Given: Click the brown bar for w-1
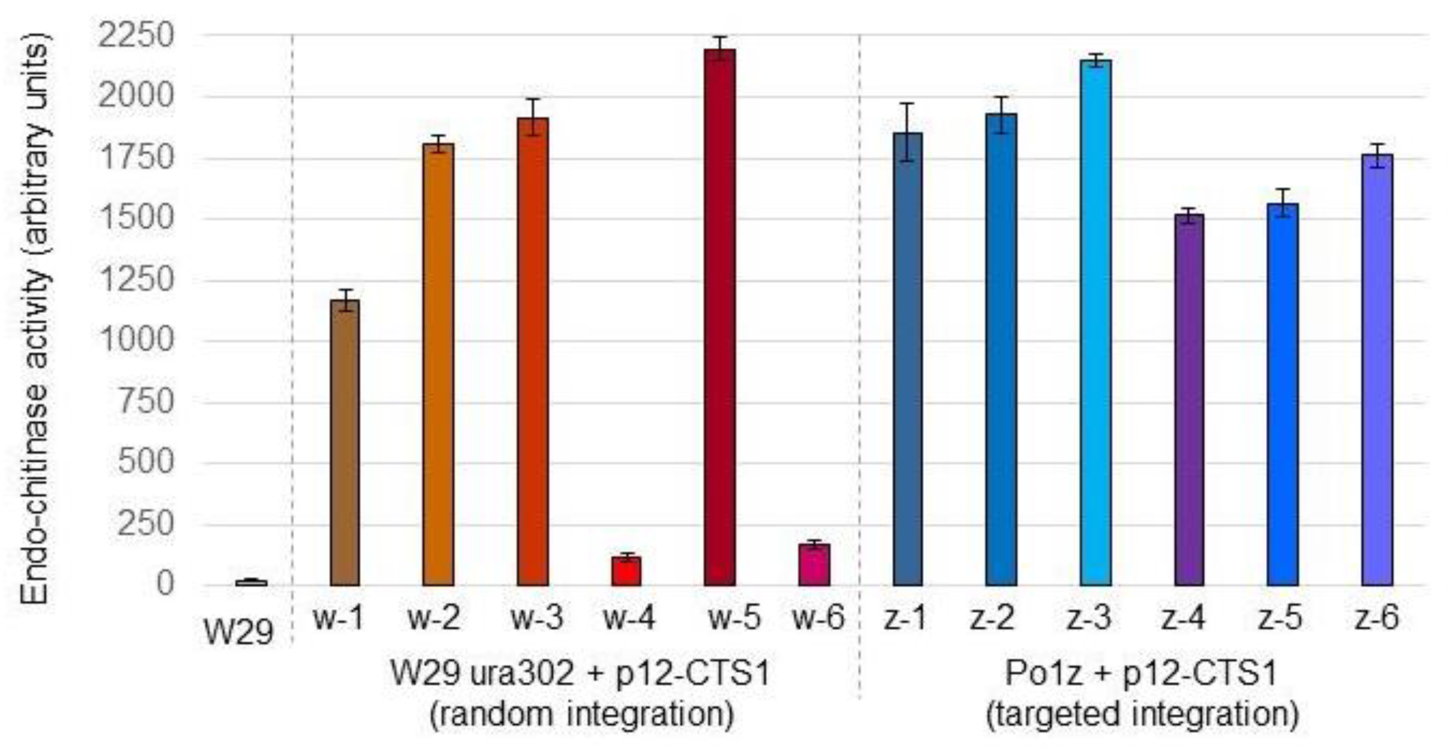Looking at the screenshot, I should click(345, 444).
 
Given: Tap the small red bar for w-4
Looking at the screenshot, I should click(627, 571).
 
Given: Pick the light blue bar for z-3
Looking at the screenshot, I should click(1096, 323).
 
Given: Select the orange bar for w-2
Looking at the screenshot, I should click(438, 366).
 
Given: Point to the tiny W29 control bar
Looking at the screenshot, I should click(252, 583).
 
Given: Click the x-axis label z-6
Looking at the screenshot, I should click(1376, 618).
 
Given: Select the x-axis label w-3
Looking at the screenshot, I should click(536, 618).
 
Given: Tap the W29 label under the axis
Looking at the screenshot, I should click(239, 632).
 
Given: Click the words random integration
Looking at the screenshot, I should click(581, 715).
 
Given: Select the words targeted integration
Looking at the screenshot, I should click(1143, 715).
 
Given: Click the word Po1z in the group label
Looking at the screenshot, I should click(1043, 673).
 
